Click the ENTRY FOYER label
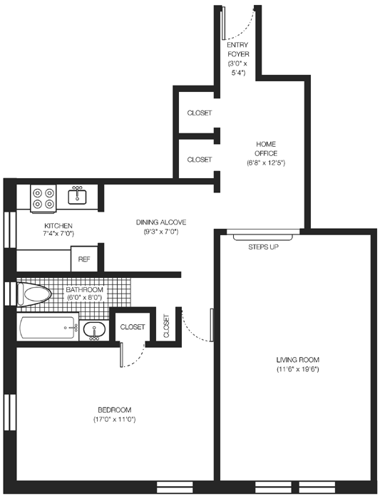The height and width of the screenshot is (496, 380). point(238,50)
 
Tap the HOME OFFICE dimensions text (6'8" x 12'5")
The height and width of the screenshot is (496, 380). point(266,163)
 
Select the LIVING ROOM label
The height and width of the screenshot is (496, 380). point(298,360)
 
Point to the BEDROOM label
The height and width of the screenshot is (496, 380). point(115,410)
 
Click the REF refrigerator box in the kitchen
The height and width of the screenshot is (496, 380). point(84,259)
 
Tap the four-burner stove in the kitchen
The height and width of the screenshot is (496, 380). point(43,198)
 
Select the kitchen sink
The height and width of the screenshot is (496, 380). point(77,196)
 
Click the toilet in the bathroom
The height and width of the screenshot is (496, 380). point(34,294)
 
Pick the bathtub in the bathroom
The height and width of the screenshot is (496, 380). point(48,327)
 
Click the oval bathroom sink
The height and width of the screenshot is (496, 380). point(94,330)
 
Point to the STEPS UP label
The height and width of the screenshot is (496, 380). point(263,247)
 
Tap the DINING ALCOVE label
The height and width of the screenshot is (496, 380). point(161,222)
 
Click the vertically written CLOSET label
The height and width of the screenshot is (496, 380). point(166,326)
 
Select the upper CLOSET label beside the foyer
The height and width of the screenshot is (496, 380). point(200,113)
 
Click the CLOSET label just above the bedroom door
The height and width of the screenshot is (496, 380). point(133,327)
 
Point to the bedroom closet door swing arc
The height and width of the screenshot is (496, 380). point(137,360)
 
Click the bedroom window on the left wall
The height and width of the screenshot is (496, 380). point(10,412)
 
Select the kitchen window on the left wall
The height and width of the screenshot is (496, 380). point(10,230)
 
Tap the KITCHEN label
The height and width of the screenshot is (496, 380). point(58,226)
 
